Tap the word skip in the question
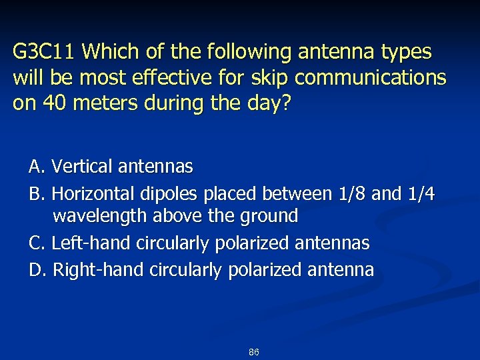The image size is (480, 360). (x=267, y=78)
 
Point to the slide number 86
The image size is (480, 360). (x=253, y=352)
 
